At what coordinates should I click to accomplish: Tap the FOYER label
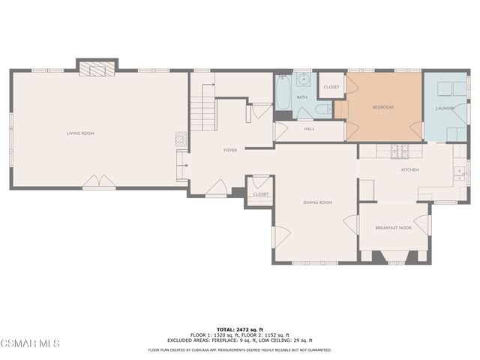230,150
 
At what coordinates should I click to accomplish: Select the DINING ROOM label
317,202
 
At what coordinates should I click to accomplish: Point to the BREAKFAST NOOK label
394,227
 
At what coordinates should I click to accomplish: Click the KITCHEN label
409,170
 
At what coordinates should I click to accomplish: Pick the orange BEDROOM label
382,107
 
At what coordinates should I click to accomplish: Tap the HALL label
309,129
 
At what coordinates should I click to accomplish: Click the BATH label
301,97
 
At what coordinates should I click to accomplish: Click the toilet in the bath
323,111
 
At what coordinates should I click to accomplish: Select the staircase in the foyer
203,115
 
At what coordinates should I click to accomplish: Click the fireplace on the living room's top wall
97,69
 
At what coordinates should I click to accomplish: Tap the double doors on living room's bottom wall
99,182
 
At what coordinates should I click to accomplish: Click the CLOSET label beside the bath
331,87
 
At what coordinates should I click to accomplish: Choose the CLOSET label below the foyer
260,194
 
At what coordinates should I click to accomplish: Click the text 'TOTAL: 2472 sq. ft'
240,329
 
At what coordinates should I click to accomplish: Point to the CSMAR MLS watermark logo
30,343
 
